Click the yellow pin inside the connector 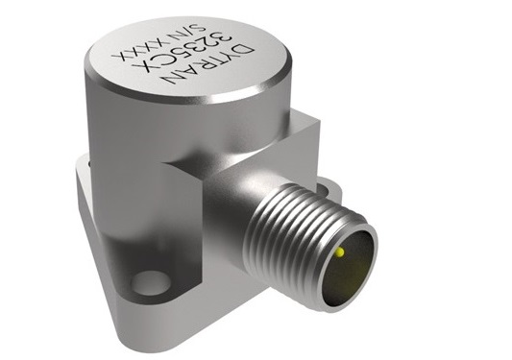(x=340, y=252)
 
